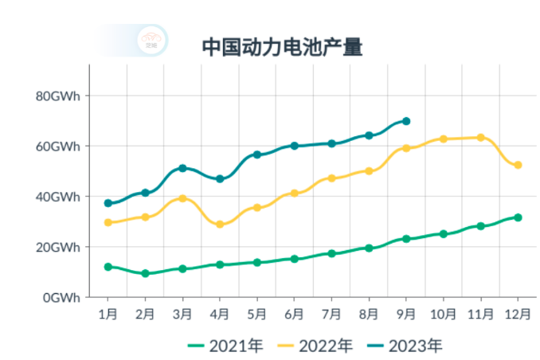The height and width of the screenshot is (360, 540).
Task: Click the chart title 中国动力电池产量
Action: [x=283, y=47]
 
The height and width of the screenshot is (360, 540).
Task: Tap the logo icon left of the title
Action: [x=151, y=41]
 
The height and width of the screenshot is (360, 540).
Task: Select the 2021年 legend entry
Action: [x=226, y=346]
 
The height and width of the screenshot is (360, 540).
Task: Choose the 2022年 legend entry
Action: [x=315, y=346]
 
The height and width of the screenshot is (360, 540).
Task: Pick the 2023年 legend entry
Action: [x=405, y=346]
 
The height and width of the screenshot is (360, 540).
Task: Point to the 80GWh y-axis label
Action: [x=58, y=96]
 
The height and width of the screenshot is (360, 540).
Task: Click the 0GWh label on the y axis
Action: [x=61, y=297]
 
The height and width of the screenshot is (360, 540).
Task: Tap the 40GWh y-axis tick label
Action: [x=58, y=197]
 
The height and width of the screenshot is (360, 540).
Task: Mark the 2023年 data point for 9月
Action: [x=406, y=121]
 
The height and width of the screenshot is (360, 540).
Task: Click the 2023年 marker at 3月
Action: [x=182, y=168]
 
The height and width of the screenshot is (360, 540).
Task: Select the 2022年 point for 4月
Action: [x=220, y=225]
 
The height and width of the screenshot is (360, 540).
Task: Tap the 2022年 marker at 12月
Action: [x=518, y=165]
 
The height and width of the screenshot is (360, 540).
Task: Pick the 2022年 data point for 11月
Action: [x=480, y=138]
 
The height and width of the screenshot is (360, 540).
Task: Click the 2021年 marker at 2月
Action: [x=145, y=273]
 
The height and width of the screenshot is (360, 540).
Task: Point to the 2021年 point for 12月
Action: [x=518, y=217]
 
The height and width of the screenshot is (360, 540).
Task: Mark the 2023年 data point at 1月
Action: [x=108, y=203]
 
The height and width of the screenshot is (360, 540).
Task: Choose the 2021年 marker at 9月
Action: [x=406, y=238]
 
